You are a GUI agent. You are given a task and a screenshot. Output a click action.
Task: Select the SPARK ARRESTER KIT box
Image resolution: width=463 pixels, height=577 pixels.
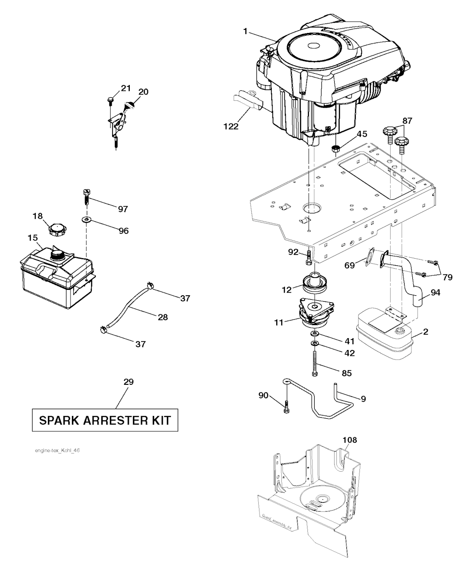(105, 420)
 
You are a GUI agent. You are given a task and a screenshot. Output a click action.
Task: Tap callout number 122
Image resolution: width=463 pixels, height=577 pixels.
(231, 127)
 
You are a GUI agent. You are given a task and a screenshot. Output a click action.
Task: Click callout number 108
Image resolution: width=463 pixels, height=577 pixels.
(350, 440)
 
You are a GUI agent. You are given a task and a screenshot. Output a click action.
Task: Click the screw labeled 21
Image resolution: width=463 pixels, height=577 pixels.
(110, 100)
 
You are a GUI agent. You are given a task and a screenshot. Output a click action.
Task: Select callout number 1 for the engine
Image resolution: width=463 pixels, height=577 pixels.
(245, 31)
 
